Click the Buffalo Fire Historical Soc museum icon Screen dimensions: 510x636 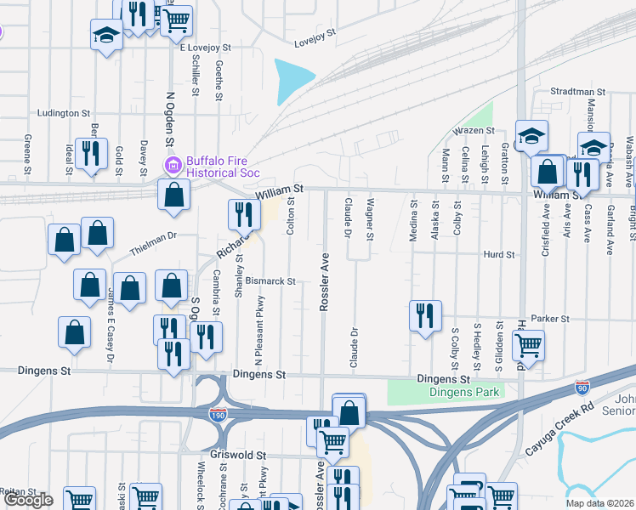coord(173,165)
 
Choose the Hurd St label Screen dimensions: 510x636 coord(499,254)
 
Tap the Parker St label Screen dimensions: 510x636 coord(549,319)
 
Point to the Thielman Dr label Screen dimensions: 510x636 coord(153,243)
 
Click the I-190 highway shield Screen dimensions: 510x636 coord(218,415)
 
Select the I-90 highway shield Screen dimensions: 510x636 coord(582,388)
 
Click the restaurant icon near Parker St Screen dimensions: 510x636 coord(424,315)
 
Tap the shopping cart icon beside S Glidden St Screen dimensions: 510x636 coord(528,345)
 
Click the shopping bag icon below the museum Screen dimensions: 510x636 coord(173,195)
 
